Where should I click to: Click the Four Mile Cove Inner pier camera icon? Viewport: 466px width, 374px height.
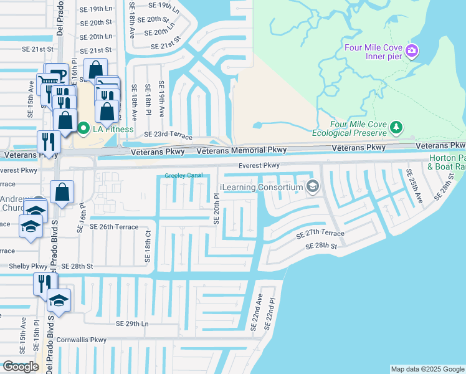click(x=411, y=50)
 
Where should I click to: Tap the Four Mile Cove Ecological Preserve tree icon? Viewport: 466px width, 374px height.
click(x=396, y=128)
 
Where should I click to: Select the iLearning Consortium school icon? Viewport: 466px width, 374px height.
click(x=313, y=186)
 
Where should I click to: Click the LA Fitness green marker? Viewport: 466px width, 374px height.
click(x=83, y=129)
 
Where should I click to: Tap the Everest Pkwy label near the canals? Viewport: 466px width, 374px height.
click(x=259, y=166)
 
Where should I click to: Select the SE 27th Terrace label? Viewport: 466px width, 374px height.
click(x=320, y=234)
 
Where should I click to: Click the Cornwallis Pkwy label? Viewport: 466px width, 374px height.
click(x=81, y=340)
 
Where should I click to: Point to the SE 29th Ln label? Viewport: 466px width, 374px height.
click(x=133, y=324)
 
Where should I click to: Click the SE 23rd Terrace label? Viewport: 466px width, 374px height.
click(x=168, y=134)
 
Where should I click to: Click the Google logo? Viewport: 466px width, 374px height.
click(x=21, y=367)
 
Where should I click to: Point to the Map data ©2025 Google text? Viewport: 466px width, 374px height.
click(x=427, y=369)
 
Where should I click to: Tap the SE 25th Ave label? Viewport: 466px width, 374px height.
click(x=415, y=186)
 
